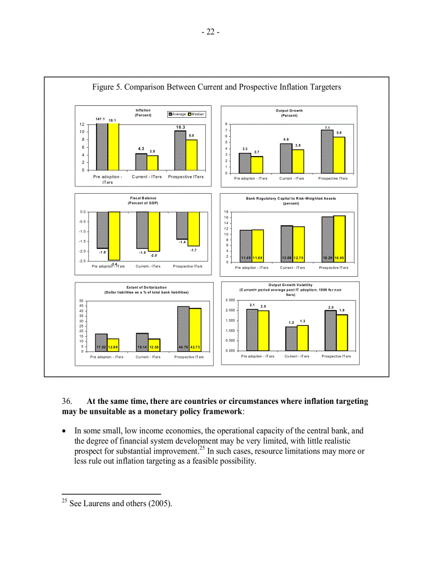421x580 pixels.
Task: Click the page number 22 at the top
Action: [x=211, y=32]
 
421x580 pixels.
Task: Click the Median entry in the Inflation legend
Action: [x=197, y=114]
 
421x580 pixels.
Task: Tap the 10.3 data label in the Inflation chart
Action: [x=180, y=127]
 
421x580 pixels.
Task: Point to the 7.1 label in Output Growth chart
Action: [x=327, y=127]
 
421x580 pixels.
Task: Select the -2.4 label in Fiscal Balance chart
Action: [x=114, y=264]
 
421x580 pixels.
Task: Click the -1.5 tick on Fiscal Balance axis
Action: [x=82, y=241]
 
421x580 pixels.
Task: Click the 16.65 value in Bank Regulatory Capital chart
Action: [x=339, y=257]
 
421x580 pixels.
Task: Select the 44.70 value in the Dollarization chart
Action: [x=183, y=347]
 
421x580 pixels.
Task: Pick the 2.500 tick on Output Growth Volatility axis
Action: [x=231, y=300]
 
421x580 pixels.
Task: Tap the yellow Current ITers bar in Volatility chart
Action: [x=303, y=338]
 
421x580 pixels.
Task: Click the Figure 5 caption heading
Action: [x=217, y=87]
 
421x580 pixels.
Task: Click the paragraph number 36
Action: [x=68, y=401]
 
